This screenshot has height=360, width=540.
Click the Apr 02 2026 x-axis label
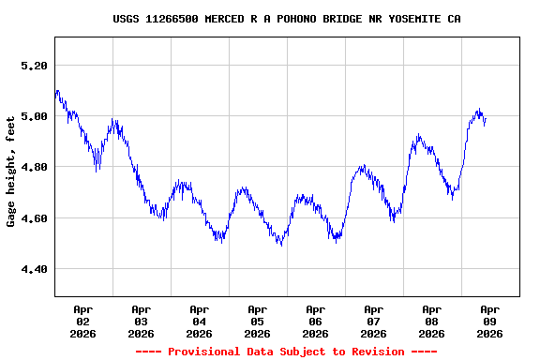click(x=82, y=321)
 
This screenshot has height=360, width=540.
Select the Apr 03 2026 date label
click(x=141, y=321)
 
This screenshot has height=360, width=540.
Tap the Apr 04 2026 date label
click(x=199, y=321)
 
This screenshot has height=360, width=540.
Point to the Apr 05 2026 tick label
click(x=257, y=321)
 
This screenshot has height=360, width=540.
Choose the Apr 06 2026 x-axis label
click(x=315, y=321)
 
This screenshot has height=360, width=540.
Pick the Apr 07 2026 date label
click(x=373, y=321)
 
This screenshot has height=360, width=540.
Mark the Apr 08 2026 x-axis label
click(x=431, y=321)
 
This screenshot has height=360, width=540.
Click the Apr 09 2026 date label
click(x=489, y=321)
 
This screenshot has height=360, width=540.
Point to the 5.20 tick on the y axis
click(x=33, y=66)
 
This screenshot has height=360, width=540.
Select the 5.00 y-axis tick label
click(x=33, y=116)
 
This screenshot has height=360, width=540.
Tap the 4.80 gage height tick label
click(x=33, y=167)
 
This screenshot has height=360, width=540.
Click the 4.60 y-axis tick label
click(x=33, y=218)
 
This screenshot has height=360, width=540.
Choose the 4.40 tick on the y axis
click(x=33, y=269)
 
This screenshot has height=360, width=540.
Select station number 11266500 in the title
click(x=172, y=19)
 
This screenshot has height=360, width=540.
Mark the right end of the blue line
click(x=485, y=118)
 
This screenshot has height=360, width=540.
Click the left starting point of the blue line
click(x=55, y=95)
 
